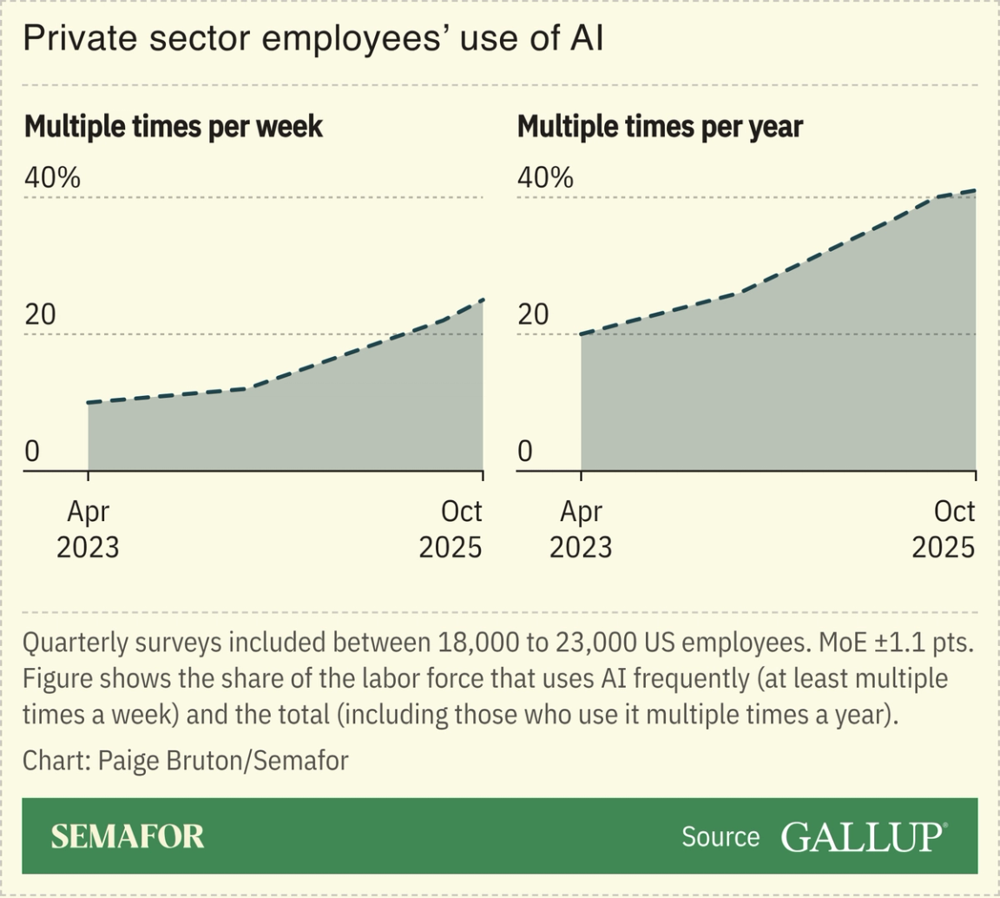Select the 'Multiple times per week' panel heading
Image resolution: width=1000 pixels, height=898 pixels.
pyautogui.click(x=174, y=127)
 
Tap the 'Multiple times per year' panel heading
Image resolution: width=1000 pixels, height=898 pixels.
pyautogui.click(x=660, y=127)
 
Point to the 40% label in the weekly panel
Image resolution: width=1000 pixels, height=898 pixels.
pyautogui.click(x=53, y=178)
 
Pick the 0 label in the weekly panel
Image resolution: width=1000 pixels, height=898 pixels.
pyautogui.click(x=32, y=452)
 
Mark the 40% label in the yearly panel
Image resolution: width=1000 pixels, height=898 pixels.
pyautogui.click(x=545, y=178)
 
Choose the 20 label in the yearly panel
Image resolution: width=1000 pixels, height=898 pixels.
pyautogui.click(x=535, y=315)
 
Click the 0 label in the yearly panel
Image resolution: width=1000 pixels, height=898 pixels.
pyautogui.click(x=524, y=452)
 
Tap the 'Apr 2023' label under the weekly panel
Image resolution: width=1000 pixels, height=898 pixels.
pyautogui.click(x=88, y=530)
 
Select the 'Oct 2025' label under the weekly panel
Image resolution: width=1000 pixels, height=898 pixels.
pyautogui.click(x=451, y=530)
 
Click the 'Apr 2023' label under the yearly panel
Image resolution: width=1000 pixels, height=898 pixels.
pyautogui.click(x=580, y=530)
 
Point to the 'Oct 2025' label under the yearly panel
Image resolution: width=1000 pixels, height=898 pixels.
pyautogui.click(x=944, y=530)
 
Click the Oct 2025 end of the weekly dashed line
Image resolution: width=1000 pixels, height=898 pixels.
pyautogui.click(x=483, y=300)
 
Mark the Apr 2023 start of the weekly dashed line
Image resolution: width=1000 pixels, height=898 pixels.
pyautogui.click(x=89, y=403)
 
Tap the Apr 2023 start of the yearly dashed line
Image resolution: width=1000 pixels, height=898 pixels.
pyautogui.click(x=581, y=334)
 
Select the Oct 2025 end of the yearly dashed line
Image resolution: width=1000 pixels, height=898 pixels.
pyautogui.click(x=976, y=190)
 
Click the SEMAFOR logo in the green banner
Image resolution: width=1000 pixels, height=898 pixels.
pyautogui.click(x=128, y=836)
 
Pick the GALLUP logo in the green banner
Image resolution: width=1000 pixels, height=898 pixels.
pyautogui.click(x=864, y=836)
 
